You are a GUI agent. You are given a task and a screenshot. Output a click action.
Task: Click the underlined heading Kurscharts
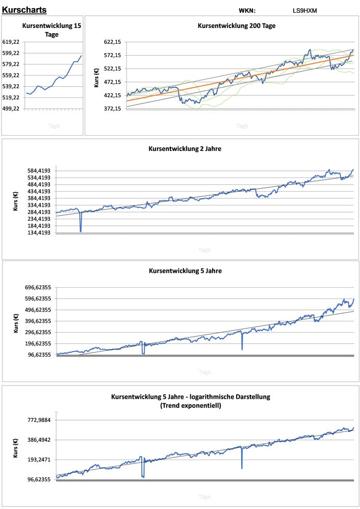click(x=24, y=10)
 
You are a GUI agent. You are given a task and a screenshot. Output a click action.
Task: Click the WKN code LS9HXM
click(x=304, y=10)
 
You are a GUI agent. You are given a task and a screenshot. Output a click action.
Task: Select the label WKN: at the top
click(x=247, y=10)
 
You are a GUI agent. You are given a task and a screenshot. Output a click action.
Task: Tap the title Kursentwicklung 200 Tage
click(x=236, y=26)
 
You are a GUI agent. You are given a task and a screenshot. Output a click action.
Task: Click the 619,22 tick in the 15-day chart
click(x=11, y=42)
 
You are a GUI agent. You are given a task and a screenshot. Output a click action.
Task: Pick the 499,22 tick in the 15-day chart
click(x=11, y=109)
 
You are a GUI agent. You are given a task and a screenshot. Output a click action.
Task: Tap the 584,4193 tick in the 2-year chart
click(x=38, y=171)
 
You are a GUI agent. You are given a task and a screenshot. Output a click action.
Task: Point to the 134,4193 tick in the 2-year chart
click(x=38, y=233)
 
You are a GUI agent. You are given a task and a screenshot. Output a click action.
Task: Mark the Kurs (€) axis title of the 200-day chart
click(x=96, y=75)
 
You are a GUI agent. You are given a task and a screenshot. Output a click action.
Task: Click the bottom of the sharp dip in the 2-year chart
click(x=81, y=231)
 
